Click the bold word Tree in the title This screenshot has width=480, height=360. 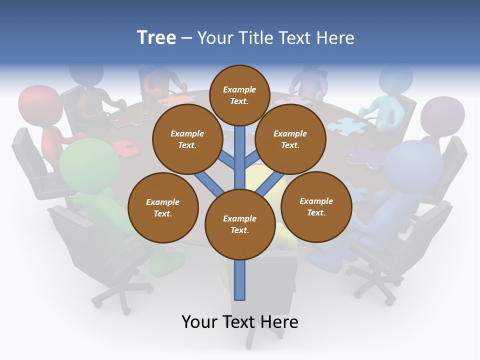tap(156, 38)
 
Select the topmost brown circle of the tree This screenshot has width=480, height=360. tap(239, 95)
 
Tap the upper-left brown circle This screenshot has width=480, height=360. tap(187, 139)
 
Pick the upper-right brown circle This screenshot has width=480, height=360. tap(290, 139)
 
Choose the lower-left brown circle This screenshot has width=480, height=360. tap(163, 207)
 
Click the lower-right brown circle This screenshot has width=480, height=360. tap(316, 206)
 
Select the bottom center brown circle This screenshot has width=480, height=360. tap(239, 224)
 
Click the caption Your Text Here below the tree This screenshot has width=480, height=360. tap(239, 322)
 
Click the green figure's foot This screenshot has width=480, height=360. tap(167, 263)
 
